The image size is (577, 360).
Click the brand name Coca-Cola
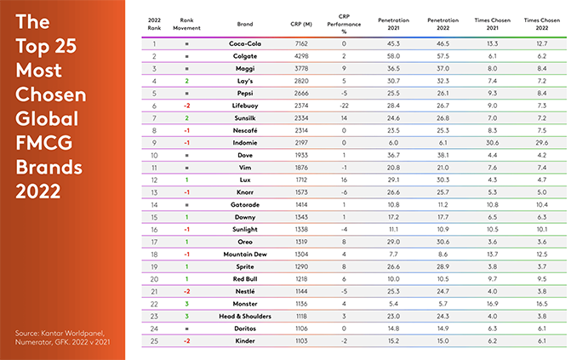point(245,43)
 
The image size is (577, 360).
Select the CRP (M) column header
point(301,25)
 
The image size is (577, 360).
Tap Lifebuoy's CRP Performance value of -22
point(344,106)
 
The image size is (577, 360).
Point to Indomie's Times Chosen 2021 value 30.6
point(493,143)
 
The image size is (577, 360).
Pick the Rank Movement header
point(186,24)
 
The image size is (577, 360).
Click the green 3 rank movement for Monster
point(186,304)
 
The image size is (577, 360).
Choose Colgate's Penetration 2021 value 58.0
point(393,56)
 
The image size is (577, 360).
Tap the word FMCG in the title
point(43,143)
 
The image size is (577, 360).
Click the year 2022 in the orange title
point(38,191)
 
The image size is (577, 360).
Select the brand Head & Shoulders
point(245,317)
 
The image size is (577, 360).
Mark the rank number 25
point(154,341)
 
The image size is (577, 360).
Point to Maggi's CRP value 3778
point(301,68)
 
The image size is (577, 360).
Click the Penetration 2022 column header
point(443,24)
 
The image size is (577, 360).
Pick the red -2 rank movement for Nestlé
point(186,292)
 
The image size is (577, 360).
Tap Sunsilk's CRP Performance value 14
point(344,118)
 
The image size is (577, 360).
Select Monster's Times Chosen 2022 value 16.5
point(541,304)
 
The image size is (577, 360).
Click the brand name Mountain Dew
point(245,254)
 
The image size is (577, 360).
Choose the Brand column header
point(245,25)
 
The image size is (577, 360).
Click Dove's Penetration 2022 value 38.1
point(443,156)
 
